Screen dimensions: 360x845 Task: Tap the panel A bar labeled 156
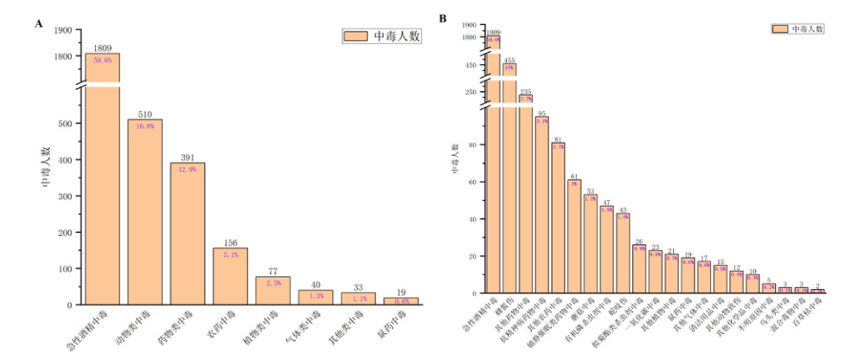230,277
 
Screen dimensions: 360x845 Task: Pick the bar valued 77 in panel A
272,291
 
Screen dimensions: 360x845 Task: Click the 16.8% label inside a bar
144,125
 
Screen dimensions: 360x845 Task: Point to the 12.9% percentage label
187,169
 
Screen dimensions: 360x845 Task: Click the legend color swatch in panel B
779,29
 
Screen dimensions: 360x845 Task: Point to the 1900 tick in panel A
64,30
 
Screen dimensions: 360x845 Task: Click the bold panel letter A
39,23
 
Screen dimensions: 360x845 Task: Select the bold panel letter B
444,18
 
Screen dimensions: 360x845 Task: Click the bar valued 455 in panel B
509,173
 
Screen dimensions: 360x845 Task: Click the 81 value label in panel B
559,138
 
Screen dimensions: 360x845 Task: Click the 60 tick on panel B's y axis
473,183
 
